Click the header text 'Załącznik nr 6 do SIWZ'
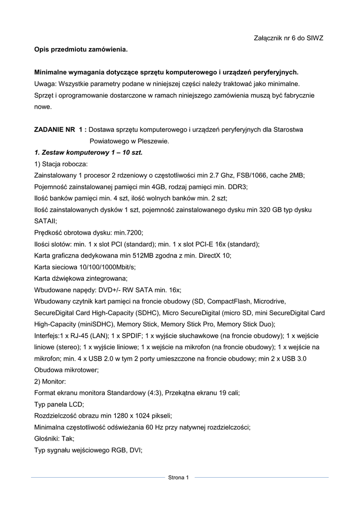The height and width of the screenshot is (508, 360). coord(288,38)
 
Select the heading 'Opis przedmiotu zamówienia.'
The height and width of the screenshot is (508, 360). coord(80,50)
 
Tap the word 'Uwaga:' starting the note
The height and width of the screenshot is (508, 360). coord(45,84)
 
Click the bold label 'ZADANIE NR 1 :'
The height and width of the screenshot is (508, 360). coord(61,129)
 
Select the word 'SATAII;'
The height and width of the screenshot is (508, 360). coord(46,221)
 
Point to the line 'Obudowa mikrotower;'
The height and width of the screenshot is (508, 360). coord(67,370)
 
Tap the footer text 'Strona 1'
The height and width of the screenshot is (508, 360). coord(179,478)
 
